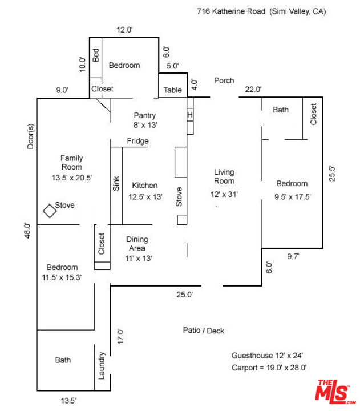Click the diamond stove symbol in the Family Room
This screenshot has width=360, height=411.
[50, 211]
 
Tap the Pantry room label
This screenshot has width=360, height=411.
[145, 115]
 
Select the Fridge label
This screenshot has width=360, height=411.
[138, 141]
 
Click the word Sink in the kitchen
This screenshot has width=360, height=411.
[116, 183]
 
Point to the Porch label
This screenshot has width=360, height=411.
[224, 80]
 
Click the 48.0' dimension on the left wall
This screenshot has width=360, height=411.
[27, 231]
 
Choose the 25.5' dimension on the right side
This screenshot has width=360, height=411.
[332, 174]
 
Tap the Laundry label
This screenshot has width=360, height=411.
[102, 365]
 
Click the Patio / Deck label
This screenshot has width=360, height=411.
[203, 331]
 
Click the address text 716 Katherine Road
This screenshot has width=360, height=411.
[231, 11]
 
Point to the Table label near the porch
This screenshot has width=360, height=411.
[173, 90]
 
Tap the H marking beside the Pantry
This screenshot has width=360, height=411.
[190, 115]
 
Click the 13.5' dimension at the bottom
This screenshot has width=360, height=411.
[68, 401]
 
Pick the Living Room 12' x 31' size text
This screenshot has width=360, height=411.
[224, 194]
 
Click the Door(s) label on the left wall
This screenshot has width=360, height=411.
[30, 136]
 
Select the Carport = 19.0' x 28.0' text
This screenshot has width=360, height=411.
[269, 368]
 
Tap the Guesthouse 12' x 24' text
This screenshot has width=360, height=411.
[267, 356]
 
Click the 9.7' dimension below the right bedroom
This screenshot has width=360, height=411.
[293, 256]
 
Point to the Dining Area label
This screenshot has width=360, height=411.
[137, 244]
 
